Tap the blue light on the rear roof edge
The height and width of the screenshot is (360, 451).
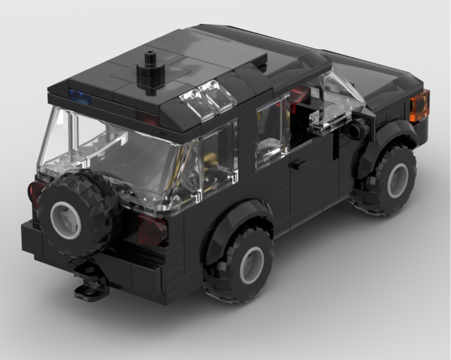tap(78, 95)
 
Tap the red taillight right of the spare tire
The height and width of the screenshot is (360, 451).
tap(152, 229)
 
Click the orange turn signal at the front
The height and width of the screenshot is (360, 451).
tap(419, 106)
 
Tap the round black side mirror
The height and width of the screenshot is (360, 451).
tap(356, 130)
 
